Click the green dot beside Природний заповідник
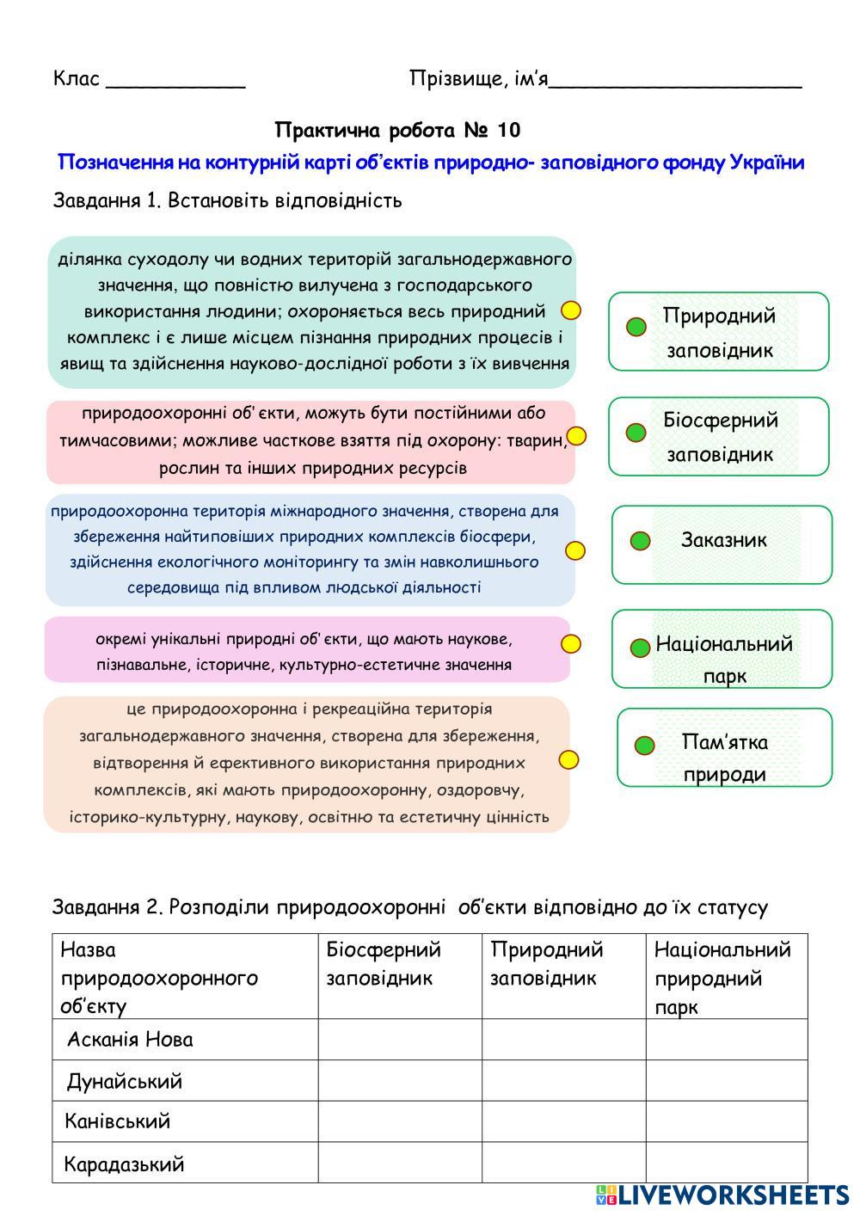[x=636, y=327]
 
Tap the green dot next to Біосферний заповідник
[x=636, y=433]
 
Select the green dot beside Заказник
[x=640, y=541]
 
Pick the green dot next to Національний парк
[x=640, y=648]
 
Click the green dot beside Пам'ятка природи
[x=644, y=745]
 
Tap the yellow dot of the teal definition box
[x=571, y=310]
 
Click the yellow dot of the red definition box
[x=576, y=436]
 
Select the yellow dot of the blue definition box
[x=575, y=550]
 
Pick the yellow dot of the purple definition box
[x=571, y=643]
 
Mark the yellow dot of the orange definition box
[x=568, y=759]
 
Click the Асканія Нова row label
[x=130, y=1040]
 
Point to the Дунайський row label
[x=124, y=1081]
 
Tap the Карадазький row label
[x=124, y=1164]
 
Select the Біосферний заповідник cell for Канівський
[x=400, y=1121]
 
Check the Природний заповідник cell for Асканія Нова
[x=563, y=1040]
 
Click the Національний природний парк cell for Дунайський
[x=727, y=1081]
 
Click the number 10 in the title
[x=508, y=131]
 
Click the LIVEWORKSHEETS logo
[x=722, y=1195]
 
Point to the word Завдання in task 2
[x=95, y=907]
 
